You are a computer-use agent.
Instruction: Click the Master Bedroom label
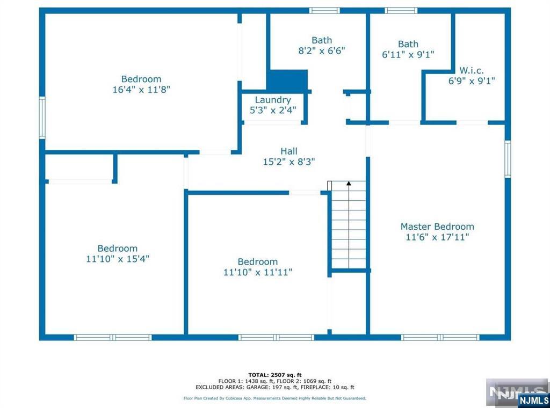tap(437, 227)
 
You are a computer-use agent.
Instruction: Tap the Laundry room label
tap(273, 100)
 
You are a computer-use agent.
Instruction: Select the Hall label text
tap(288, 151)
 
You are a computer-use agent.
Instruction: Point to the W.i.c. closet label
tap(472, 70)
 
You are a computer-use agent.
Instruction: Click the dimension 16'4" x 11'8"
tap(141, 89)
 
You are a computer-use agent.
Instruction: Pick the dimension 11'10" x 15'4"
tap(118, 259)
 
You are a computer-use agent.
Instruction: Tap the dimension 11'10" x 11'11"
tap(258, 272)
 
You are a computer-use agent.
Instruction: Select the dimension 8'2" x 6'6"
tap(322, 51)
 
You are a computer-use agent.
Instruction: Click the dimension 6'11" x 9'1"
tap(408, 55)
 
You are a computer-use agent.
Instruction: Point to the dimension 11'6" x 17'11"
tap(437, 237)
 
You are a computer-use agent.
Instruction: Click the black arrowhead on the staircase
tap(349, 183)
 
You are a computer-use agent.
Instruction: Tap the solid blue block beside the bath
tap(288, 81)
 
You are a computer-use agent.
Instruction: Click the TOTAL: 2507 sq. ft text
tap(275, 375)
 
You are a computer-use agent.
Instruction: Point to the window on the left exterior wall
tap(42, 118)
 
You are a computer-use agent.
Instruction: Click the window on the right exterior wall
tap(508, 159)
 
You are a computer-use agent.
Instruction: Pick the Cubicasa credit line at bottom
tap(275, 398)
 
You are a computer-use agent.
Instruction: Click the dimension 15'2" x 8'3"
tap(289, 162)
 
